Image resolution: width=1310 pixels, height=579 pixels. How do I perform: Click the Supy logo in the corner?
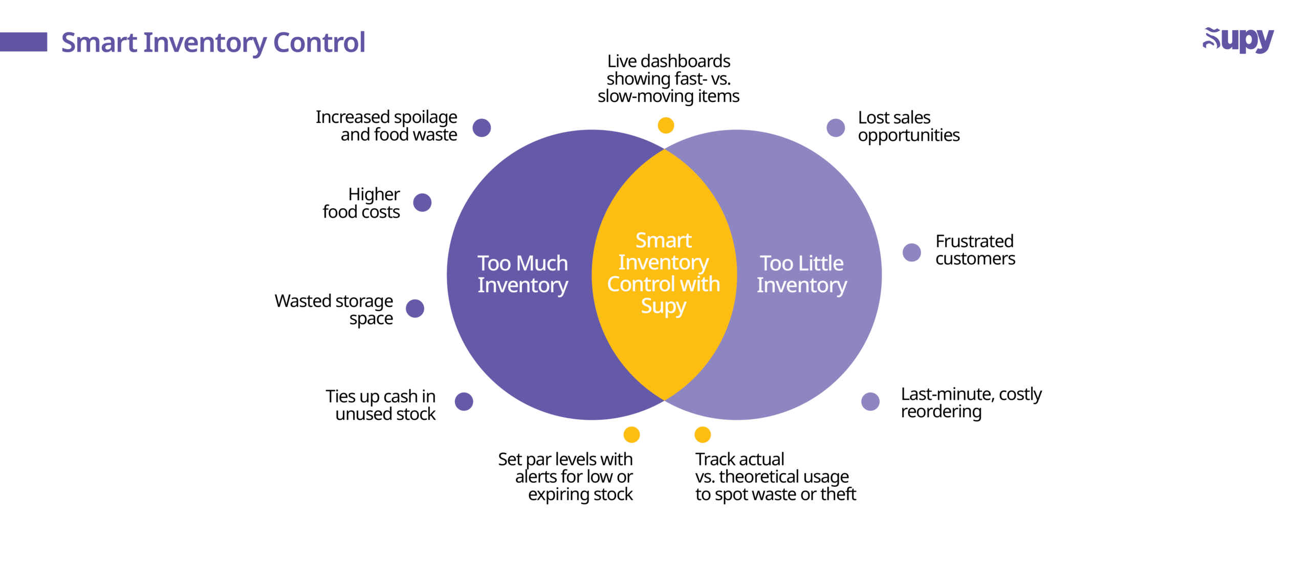[1238, 40]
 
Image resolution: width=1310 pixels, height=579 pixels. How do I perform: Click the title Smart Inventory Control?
[213, 42]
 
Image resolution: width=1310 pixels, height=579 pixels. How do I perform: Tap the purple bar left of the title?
[24, 42]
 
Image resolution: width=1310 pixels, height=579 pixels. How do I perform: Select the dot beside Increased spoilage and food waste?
[482, 127]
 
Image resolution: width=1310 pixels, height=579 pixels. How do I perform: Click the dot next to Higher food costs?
[422, 202]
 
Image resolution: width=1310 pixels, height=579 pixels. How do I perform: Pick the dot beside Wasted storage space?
[415, 308]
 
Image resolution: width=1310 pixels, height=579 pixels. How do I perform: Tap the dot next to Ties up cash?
[464, 401]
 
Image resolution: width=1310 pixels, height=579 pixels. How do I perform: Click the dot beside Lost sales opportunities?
[836, 127]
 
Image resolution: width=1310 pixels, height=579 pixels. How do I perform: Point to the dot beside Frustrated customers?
[912, 252]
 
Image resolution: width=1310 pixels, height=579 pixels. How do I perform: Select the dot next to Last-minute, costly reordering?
[870, 401]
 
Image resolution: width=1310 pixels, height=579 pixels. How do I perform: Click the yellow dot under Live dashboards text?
[666, 125]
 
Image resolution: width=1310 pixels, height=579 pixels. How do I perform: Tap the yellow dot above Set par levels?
[631, 435]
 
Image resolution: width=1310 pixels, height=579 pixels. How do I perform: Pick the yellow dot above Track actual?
[703, 435]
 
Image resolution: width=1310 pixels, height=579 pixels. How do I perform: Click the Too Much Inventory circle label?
[523, 274]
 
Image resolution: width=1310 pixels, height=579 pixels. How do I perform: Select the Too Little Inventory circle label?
[802, 274]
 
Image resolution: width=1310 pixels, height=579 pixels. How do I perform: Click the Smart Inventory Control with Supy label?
[664, 274]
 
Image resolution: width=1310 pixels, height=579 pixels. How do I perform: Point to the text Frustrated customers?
[975, 250]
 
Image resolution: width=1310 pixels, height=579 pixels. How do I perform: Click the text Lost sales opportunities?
[909, 126]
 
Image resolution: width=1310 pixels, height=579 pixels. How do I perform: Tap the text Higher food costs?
[361, 203]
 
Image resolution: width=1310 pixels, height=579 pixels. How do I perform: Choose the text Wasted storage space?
[334, 309]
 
